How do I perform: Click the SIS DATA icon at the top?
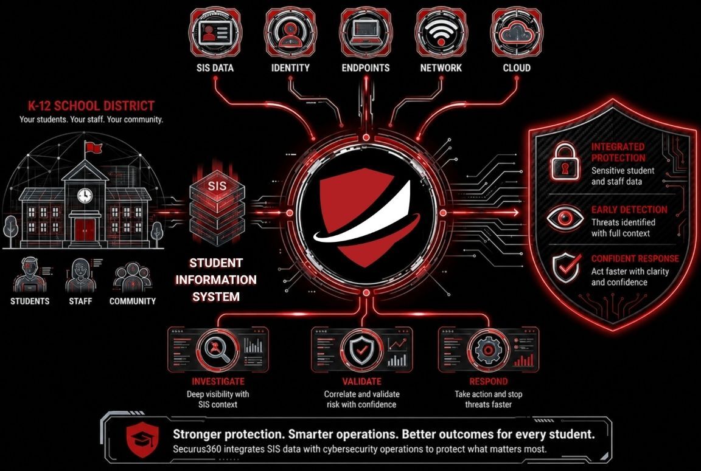[x=215, y=33]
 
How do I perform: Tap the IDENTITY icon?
[x=290, y=33]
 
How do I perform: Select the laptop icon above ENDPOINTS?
[x=366, y=33]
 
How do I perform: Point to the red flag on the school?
[x=94, y=147]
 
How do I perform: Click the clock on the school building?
[x=85, y=195]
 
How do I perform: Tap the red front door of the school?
[x=85, y=230]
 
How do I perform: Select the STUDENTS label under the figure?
[x=30, y=301]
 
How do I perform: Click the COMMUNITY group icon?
[x=132, y=277]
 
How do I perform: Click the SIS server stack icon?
[x=217, y=208]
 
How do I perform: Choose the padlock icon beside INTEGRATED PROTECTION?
[x=565, y=161]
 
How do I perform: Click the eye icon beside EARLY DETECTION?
[x=565, y=218]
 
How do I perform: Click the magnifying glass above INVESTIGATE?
[x=218, y=348]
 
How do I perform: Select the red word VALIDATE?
[x=361, y=381]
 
